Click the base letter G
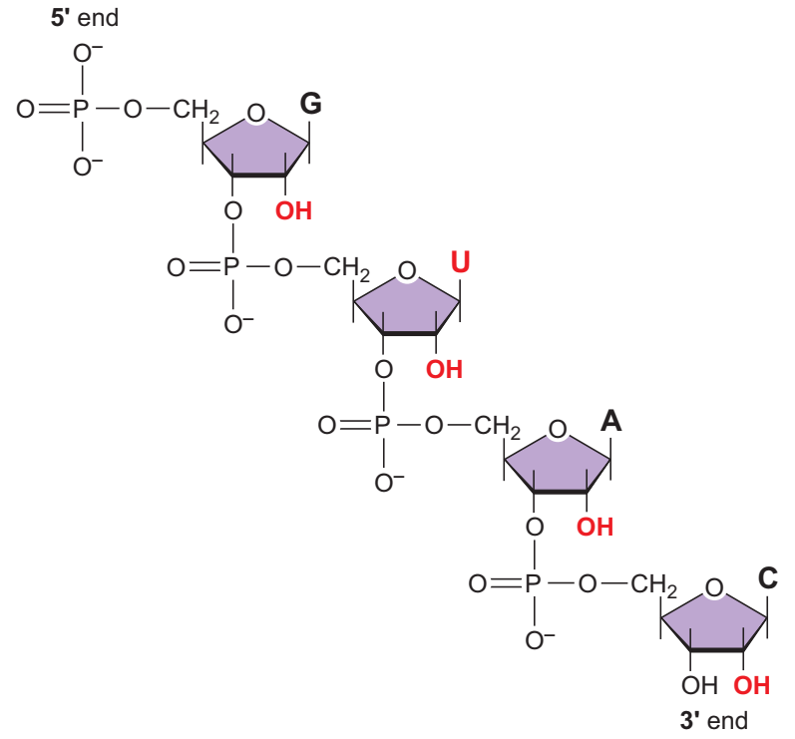tap(311, 104)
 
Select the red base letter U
tap(460, 262)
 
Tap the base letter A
tap(610, 421)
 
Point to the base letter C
tap(766, 577)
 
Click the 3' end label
tap(713, 720)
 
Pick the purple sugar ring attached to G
tap(256, 146)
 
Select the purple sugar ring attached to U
tap(407, 303)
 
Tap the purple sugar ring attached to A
tap(559, 461)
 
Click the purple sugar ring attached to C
tap(713, 618)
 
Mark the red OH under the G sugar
tap(294, 210)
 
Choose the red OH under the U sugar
tap(444, 369)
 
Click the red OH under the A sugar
tap(595, 527)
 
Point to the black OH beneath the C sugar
tap(698, 686)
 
